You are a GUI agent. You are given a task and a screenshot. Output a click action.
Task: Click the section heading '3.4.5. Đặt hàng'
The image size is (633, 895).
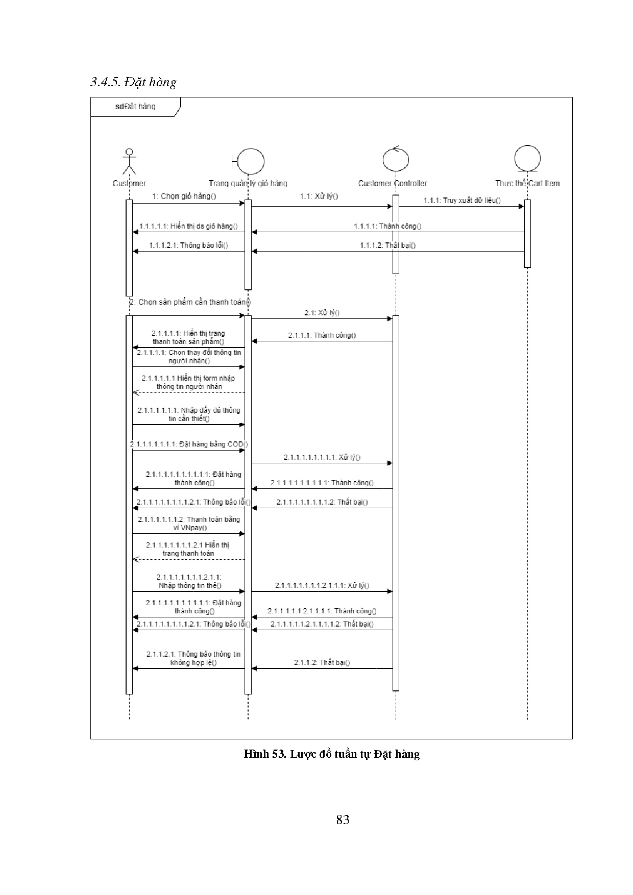click(x=133, y=82)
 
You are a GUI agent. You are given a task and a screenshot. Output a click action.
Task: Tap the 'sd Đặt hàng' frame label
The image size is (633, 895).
click(x=135, y=107)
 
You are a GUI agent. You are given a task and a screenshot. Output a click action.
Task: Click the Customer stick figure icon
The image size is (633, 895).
click(x=130, y=162)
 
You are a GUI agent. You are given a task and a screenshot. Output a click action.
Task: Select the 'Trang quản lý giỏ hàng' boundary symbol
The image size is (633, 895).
click(x=249, y=162)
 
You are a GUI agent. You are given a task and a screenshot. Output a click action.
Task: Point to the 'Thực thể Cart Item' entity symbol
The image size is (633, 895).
click(x=527, y=160)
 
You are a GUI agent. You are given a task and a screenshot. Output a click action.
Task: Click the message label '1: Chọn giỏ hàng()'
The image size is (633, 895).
click(x=184, y=196)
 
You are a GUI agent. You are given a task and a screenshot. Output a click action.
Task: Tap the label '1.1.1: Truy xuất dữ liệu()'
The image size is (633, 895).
click(x=462, y=201)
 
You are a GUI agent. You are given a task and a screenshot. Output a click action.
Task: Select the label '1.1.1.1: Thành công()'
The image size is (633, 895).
click(x=388, y=226)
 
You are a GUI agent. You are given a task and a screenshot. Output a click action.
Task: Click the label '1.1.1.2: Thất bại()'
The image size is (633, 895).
click(x=388, y=245)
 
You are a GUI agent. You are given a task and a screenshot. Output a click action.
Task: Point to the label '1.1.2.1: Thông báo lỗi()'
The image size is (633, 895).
click(x=189, y=245)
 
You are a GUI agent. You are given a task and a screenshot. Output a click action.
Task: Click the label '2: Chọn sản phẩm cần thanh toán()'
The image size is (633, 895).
click(x=190, y=302)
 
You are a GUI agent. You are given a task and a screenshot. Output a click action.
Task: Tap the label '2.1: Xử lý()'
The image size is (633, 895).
click(x=322, y=313)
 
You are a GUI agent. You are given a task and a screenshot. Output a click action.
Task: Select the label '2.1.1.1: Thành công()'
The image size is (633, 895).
click(x=322, y=335)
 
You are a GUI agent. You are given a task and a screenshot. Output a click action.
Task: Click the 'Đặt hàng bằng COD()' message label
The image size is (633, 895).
click(x=189, y=444)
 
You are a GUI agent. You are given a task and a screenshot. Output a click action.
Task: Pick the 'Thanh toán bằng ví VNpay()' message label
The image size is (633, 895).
click(x=189, y=524)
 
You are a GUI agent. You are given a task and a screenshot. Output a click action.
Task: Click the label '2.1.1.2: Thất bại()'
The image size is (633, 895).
click(x=322, y=662)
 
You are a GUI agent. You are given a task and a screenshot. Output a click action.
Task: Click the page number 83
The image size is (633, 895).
click(x=343, y=819)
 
